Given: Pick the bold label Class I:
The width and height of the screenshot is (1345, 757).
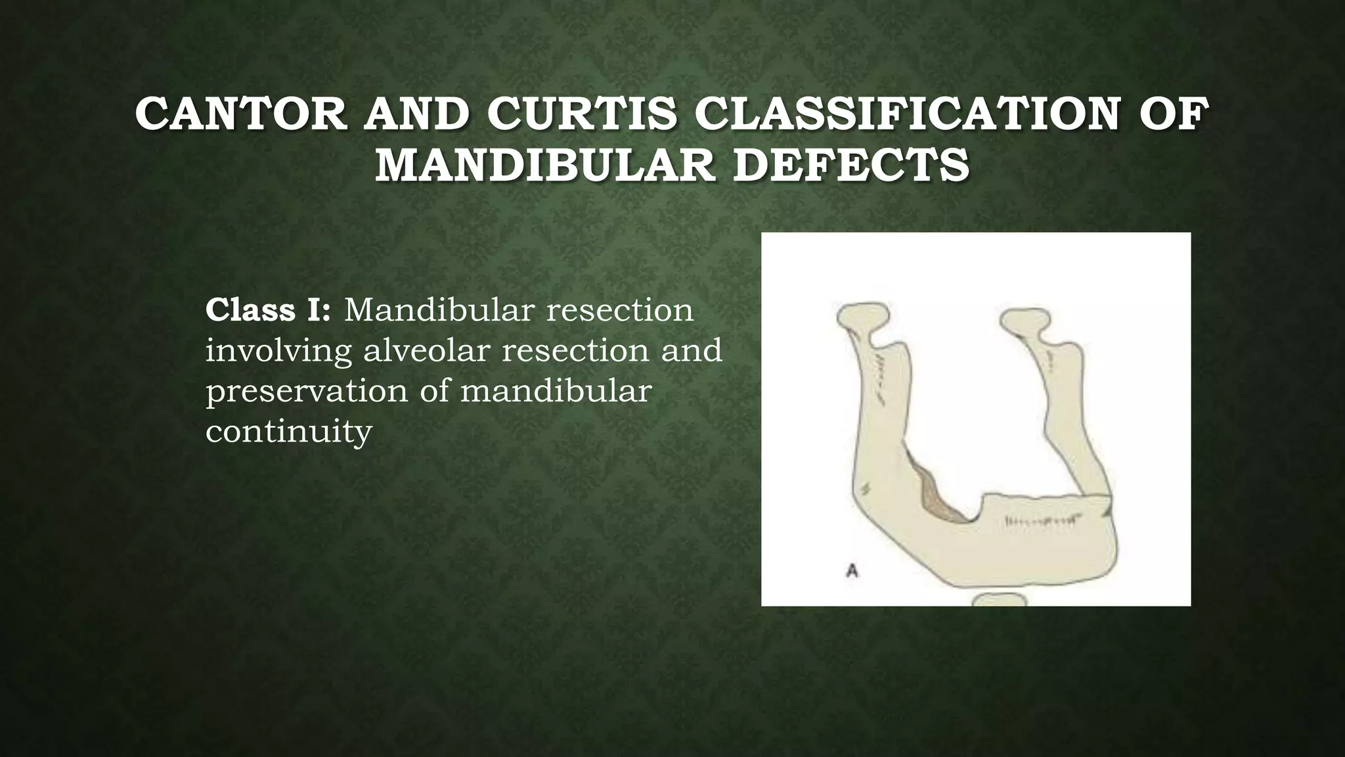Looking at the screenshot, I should (268, 310).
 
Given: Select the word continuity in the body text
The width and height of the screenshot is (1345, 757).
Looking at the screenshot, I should (289, 432).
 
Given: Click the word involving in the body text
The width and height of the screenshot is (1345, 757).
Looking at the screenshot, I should (278, 350).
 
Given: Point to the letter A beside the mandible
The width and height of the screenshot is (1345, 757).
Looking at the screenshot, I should (852, 570).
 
